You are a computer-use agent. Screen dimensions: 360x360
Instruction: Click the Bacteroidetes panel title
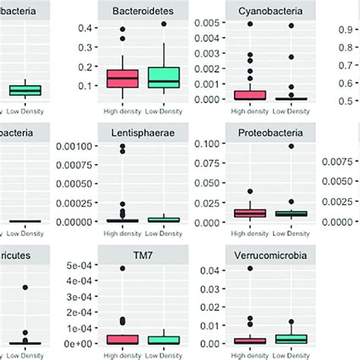coord(141,11)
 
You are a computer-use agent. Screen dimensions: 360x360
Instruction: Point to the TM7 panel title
coord(141,255)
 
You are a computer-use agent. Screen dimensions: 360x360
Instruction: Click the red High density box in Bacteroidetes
coord(122,79)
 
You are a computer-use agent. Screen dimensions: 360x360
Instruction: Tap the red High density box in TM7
coord(122,339)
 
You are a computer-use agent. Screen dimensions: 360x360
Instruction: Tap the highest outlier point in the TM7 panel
coord(122,268)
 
